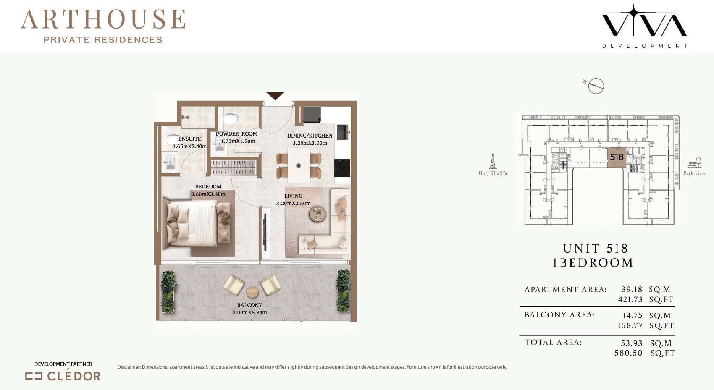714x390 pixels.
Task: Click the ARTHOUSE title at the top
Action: tap(103, 19)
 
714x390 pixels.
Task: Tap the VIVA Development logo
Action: tap(644, 26)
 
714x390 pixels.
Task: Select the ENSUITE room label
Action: tap(190, 139)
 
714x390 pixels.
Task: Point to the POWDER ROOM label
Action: tap(236, 134)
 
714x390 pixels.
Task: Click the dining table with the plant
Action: tap(299, 165)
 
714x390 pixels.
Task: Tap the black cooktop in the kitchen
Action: tap(342, 168)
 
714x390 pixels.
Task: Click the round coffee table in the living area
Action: tap(318, 214)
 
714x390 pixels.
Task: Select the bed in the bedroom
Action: tap(197, 223)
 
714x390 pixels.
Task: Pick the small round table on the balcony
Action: tap(252, 292)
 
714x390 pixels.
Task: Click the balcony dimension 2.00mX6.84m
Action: tap(249, 313)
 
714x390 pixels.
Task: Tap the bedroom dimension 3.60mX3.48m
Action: tap(208, 194)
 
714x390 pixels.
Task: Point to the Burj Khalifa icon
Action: tap(493, 161)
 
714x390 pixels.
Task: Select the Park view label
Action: tap(694, 173)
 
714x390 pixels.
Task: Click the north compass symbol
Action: tap(595, 86)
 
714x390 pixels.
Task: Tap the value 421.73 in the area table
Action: tap(630, 299)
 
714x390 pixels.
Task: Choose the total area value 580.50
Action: tap(628, 353)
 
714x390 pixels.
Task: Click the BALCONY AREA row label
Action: tap(560, 315)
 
